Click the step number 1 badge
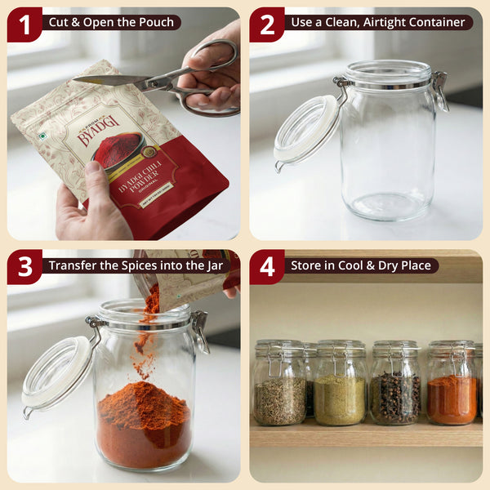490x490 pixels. point(24,24)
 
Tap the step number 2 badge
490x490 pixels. point(267,24)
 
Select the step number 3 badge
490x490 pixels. point(24,267)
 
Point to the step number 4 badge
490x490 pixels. point(267,267)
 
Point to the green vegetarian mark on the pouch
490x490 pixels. point(41,136)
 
